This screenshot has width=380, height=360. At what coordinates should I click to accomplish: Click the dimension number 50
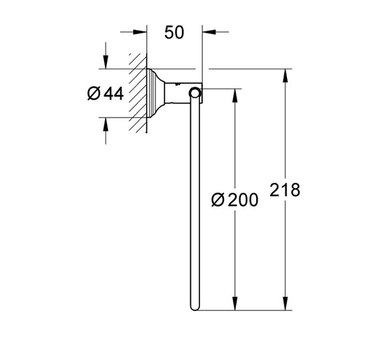(x=174, y=32)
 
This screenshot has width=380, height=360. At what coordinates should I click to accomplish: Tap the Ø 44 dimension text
(x=106, y=93)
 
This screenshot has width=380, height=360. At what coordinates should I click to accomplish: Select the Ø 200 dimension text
(x=234, y=200)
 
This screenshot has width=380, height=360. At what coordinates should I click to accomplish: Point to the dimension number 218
(x=285, y=190)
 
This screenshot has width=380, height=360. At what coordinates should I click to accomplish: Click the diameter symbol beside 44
(x=94, y=93)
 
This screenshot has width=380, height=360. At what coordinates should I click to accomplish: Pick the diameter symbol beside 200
(x=218, y=200)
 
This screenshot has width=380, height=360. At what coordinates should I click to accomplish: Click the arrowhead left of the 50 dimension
(x=141, y=32)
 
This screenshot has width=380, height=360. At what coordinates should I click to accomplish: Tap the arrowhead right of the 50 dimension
(x=209, y=32)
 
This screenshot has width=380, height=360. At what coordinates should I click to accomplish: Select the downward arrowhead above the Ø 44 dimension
(x=106, y=62)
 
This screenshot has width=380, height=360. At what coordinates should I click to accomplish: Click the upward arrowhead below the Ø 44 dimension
(x=106, y=124)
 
